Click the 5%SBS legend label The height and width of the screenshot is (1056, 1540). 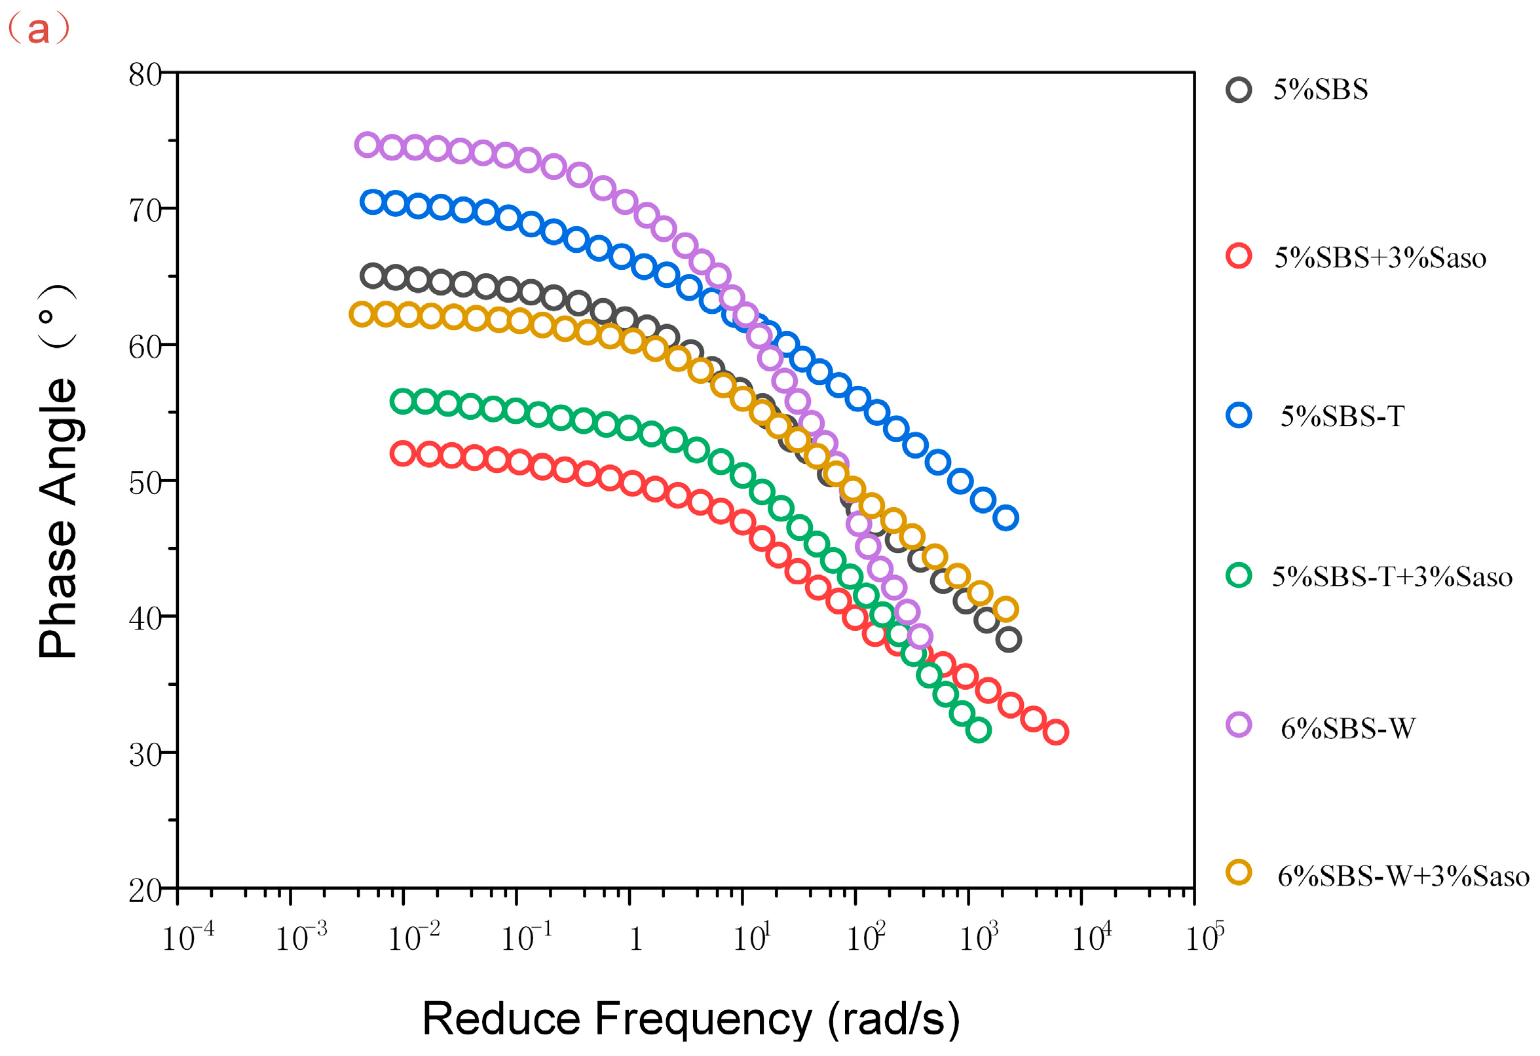pos(1320,90)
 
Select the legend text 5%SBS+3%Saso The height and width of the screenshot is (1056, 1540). pos(1380,258)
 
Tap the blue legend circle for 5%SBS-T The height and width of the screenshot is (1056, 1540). pos(1239,415)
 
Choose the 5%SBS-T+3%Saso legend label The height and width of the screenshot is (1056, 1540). pos(1392,576)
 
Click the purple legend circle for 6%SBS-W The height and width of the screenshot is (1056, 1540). pos(1239,725)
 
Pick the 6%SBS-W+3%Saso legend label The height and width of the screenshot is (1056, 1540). pos(1404,877)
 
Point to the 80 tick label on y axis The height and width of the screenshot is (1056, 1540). pos(145,75)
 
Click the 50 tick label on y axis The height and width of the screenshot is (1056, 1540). pos(145,483)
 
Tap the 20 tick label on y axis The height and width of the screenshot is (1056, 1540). pos(145,891)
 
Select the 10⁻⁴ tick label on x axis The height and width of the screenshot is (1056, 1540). pos(188,936)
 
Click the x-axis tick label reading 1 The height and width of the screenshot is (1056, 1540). pos(635,939)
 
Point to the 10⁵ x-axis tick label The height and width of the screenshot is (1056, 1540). pos(1205,936)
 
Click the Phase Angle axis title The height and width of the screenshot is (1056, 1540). pos(58,471)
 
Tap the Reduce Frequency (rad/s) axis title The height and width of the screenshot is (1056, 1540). pos(691,1019)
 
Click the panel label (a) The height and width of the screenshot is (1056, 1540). pos(38,29)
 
